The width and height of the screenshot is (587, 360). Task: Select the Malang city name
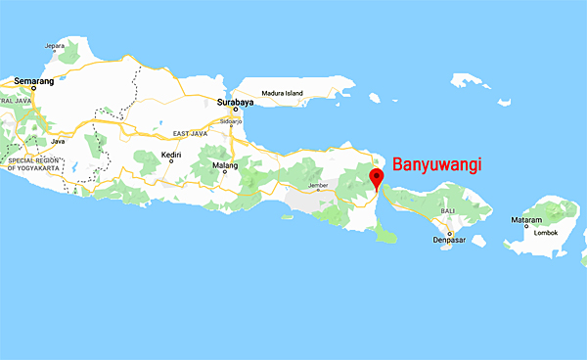pyautogui.click(x=228, y=165)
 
